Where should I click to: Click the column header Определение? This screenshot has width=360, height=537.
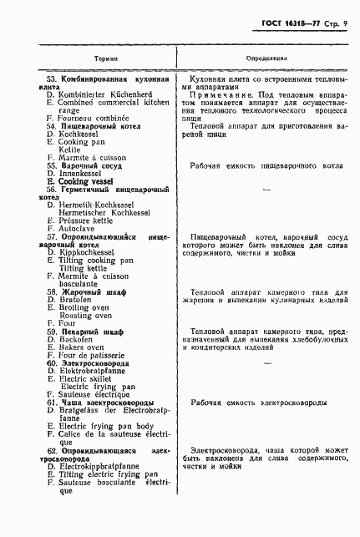pos(266,59)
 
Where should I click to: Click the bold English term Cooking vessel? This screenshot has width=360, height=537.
pos(91,181)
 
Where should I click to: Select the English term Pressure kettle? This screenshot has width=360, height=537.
pos(92,220)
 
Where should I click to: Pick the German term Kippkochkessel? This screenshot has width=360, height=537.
pos(90,251)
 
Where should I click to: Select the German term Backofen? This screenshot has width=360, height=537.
pos(77,339)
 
